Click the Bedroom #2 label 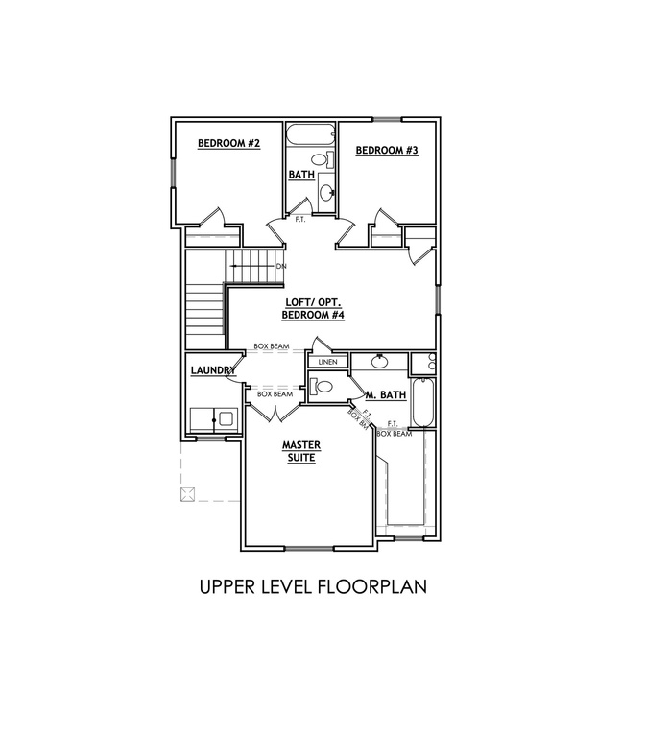click(x=228, y=143)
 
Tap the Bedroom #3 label click(x=387, y=151)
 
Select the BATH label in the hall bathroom click(x=301, y=175)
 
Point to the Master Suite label click(x=301, y=451)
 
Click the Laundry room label click(x=213, y=370)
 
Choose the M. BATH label click(x=386, y=394)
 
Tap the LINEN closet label click(x=327, y=362)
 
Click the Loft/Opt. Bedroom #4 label click(x=313, y=309)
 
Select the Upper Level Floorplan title click(x=313, y=586)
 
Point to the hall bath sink click(x=326, y=192)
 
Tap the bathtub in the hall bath click(x=311, y=134)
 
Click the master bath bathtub click(x=422, y=402)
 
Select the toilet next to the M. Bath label click(x=322, y=387)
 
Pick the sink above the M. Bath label click(x=379, y=361)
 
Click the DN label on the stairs click(x=281, y=267)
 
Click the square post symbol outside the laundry click(x=187, y=494)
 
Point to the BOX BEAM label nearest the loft click(x=272, y=346)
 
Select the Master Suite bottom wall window click(x=309, y=548)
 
